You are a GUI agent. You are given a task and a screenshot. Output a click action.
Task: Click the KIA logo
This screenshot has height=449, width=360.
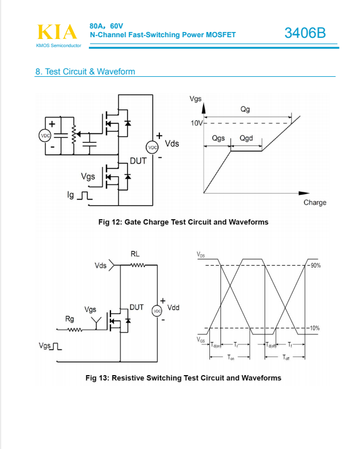(57, 32)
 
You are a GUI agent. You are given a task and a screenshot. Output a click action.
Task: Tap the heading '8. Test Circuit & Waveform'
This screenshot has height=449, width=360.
(85, 72)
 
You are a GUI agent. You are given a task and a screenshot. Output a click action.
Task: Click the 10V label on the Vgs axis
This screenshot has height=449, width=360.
(197, 123)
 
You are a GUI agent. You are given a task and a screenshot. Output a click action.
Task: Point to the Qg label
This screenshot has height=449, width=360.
(245, 110)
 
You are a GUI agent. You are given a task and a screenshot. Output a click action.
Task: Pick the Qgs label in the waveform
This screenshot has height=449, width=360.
(218, 138)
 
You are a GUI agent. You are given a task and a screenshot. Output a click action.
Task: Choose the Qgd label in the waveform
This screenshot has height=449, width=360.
(247, 138)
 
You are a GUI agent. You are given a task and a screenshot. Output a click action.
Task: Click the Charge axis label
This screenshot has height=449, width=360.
(315, 202)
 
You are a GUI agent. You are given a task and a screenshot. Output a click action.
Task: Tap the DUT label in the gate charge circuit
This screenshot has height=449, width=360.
(138, 161)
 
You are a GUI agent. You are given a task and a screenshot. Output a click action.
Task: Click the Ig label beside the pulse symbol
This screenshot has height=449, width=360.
(72, 195)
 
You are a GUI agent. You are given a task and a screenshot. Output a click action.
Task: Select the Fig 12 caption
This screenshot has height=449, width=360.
(183, 222)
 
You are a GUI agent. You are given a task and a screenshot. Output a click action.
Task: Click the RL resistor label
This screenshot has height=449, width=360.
(135, 254)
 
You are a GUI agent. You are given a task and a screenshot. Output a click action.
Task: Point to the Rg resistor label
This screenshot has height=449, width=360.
(69, 319)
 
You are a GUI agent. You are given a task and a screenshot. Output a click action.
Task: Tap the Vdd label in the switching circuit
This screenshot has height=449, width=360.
(173, 307)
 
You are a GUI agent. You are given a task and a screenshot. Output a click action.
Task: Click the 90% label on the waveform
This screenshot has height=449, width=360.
(316, 265)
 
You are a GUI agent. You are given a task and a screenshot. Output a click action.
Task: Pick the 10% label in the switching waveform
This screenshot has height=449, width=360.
(315, 329)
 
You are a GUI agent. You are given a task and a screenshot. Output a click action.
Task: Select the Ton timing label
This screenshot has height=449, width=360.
(231, 358)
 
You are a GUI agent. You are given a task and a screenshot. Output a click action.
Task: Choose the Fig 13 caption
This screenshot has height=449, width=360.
(183, 378)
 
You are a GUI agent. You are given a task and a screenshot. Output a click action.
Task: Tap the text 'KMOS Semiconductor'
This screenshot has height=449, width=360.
(58, 45)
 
